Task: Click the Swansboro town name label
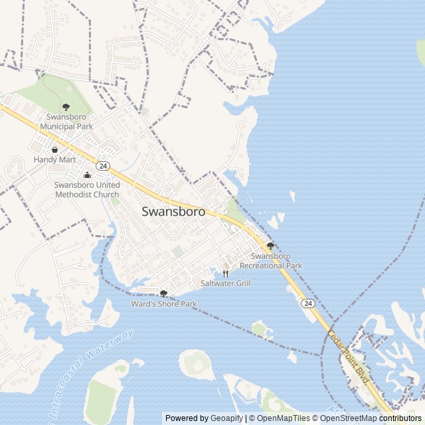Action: [173, 212]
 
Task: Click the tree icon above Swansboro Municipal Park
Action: [66, 107]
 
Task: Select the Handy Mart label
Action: [54, 160]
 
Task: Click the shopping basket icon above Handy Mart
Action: [54, 149]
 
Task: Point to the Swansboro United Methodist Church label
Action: [87, 189]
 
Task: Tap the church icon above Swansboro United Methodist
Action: [87, 175]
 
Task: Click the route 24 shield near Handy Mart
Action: [102, 165]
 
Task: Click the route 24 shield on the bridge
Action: [307, 303]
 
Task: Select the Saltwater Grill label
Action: [225, 283]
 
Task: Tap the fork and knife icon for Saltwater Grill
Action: [225, 273]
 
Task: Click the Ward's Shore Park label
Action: [164, 304]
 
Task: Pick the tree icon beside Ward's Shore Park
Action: [163, 294]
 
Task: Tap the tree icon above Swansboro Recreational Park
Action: [270, 246]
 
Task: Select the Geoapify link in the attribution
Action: [228, 418]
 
